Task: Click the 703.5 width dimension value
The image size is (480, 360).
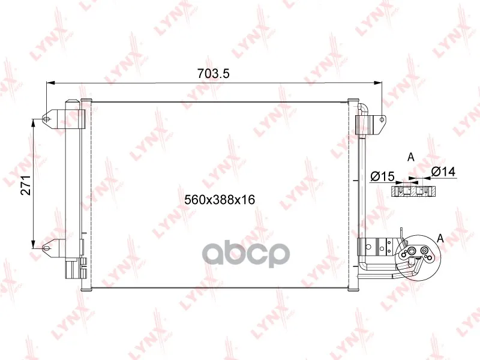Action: (214, 73)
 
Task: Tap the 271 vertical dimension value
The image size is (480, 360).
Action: (26, 185)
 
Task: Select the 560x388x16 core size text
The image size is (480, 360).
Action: (220, 200)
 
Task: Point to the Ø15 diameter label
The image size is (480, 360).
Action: (382, 176)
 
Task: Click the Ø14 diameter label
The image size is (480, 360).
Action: (443, 172)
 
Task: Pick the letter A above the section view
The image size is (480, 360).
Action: (411, 157)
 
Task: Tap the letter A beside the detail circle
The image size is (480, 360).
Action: (440, 238)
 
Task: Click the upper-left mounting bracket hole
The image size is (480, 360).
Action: (46, 118)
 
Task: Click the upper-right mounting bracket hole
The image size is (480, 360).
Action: (382, 119)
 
